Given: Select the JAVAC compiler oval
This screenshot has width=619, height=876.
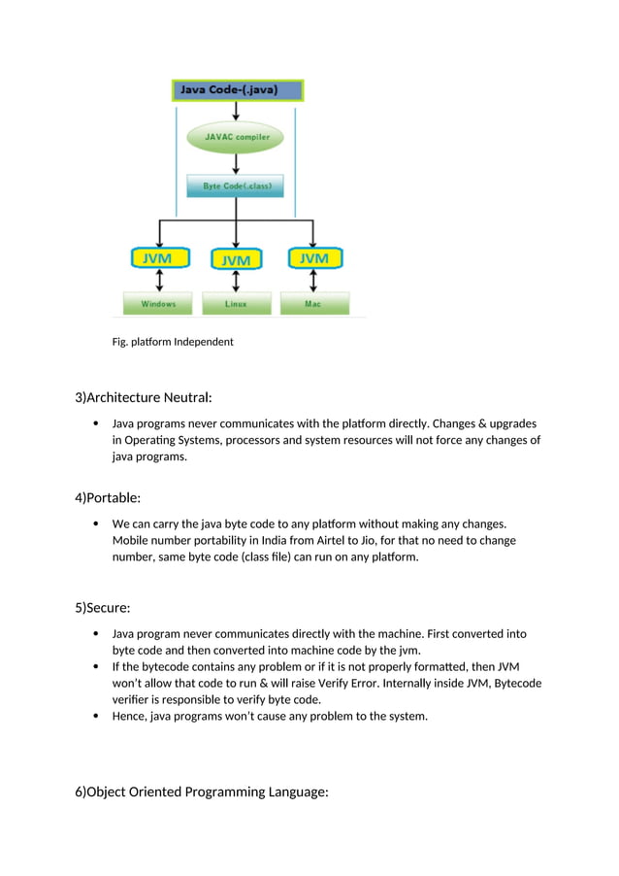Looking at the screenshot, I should (235, 138).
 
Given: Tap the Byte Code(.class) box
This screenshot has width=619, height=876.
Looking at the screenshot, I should (235, 185).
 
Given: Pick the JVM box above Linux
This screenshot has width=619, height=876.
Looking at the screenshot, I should (235, 259).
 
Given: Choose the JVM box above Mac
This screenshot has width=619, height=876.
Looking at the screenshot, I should (313, 258).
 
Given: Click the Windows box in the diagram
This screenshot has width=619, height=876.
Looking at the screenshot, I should (158, 304).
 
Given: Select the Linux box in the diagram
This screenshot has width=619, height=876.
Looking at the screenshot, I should (235, 304).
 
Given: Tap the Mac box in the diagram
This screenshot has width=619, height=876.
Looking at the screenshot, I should (313, 304).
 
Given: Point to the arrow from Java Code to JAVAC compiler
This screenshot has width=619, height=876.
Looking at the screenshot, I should (235, 111).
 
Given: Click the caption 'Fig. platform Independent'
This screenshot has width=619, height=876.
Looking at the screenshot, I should (173, 342).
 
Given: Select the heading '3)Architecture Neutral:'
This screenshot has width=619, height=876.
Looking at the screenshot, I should (144, 397).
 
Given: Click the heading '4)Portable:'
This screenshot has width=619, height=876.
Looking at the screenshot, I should (108, 498).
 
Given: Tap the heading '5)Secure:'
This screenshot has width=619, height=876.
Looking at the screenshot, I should (103, 608).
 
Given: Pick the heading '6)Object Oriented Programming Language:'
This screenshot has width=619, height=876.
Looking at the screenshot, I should (202, 792).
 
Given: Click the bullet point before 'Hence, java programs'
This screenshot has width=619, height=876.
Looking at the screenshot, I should (95, 717).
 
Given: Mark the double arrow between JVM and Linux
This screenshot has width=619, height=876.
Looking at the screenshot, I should (235, 282).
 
